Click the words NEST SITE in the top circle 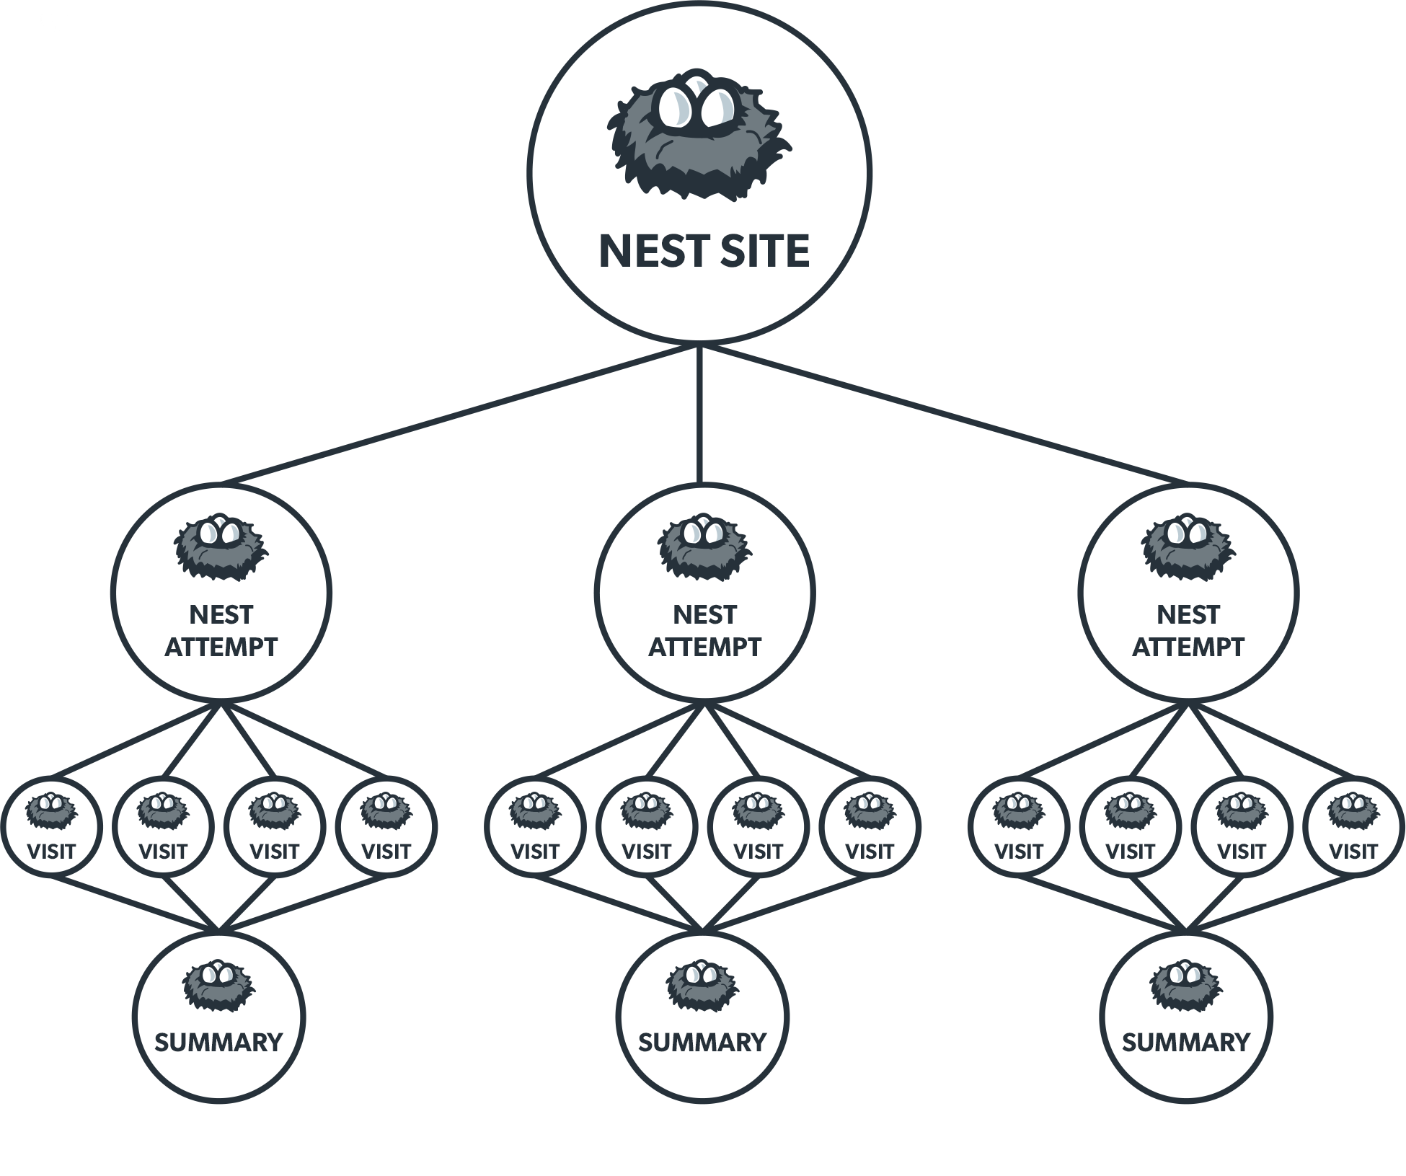pos(704,251)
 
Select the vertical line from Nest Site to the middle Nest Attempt pos(699,415)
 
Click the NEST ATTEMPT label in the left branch pos(221,631)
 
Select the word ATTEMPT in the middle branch pos(704,647)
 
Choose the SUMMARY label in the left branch pos(218,1043)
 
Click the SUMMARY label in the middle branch pos(702,1043)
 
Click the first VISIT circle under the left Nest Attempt pos(51,826)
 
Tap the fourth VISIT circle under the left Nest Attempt pos(386,826)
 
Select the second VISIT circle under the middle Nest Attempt pos(647,826)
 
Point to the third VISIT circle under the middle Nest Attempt pos(759,826)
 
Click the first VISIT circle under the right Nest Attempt pos(1018,826)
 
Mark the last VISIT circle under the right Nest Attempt pos(1353,826)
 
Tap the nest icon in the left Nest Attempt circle pos(221,547)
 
